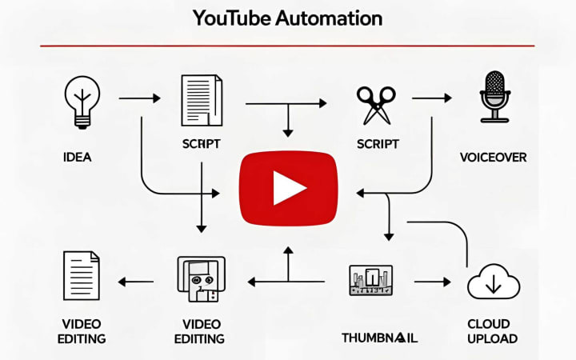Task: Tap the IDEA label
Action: click(77, 158)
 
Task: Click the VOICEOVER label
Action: click(494, 158)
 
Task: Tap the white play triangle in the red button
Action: click(288, 189)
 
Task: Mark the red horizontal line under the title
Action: click(288, 46)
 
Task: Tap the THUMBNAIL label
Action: click(380, 337)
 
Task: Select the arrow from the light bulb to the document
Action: click(138, 99)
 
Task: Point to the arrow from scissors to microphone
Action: click(431, 99)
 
